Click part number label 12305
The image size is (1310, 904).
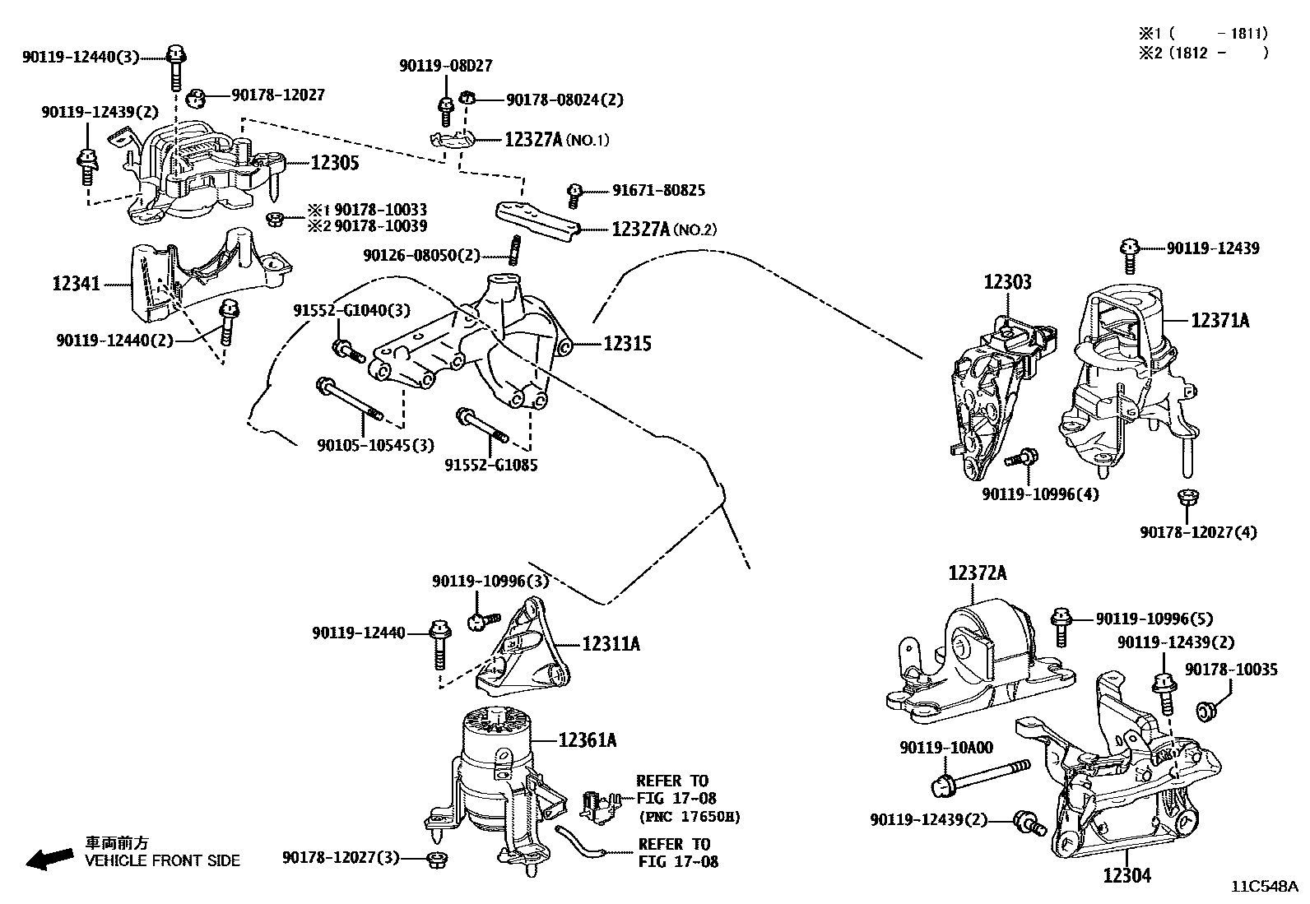pos(334,163)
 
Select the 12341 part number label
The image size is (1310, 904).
pos(76,284)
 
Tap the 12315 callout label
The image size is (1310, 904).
pos(627,344)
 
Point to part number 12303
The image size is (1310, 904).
pos(1007,282)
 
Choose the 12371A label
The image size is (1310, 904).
pos(1219,321)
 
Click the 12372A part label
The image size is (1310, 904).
pos(977,573)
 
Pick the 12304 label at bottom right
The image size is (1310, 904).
pos(1127,876)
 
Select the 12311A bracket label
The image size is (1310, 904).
pos(611,643)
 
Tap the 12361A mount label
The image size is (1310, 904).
pos(587,740)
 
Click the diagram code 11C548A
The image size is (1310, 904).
pos(1264,887)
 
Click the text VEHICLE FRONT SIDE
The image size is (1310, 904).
pos(163,861)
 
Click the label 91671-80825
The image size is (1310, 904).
pos(658,190)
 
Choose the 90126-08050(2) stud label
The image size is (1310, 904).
pos(421,256)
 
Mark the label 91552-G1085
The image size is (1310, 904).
pos(491,465)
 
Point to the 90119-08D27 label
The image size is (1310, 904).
pos(446,66)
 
